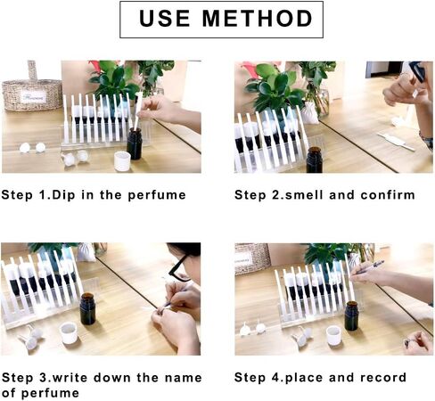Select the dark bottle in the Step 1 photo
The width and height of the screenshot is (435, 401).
coord(134,143)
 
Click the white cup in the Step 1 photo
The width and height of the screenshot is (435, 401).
coord(122,160)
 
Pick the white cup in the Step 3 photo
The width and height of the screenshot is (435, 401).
coord(68,333)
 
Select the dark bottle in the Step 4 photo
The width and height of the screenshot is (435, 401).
coord(351,315)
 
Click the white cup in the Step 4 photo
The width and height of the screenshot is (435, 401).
coord(333,334)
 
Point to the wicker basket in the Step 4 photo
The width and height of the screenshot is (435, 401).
coord(252,258)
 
